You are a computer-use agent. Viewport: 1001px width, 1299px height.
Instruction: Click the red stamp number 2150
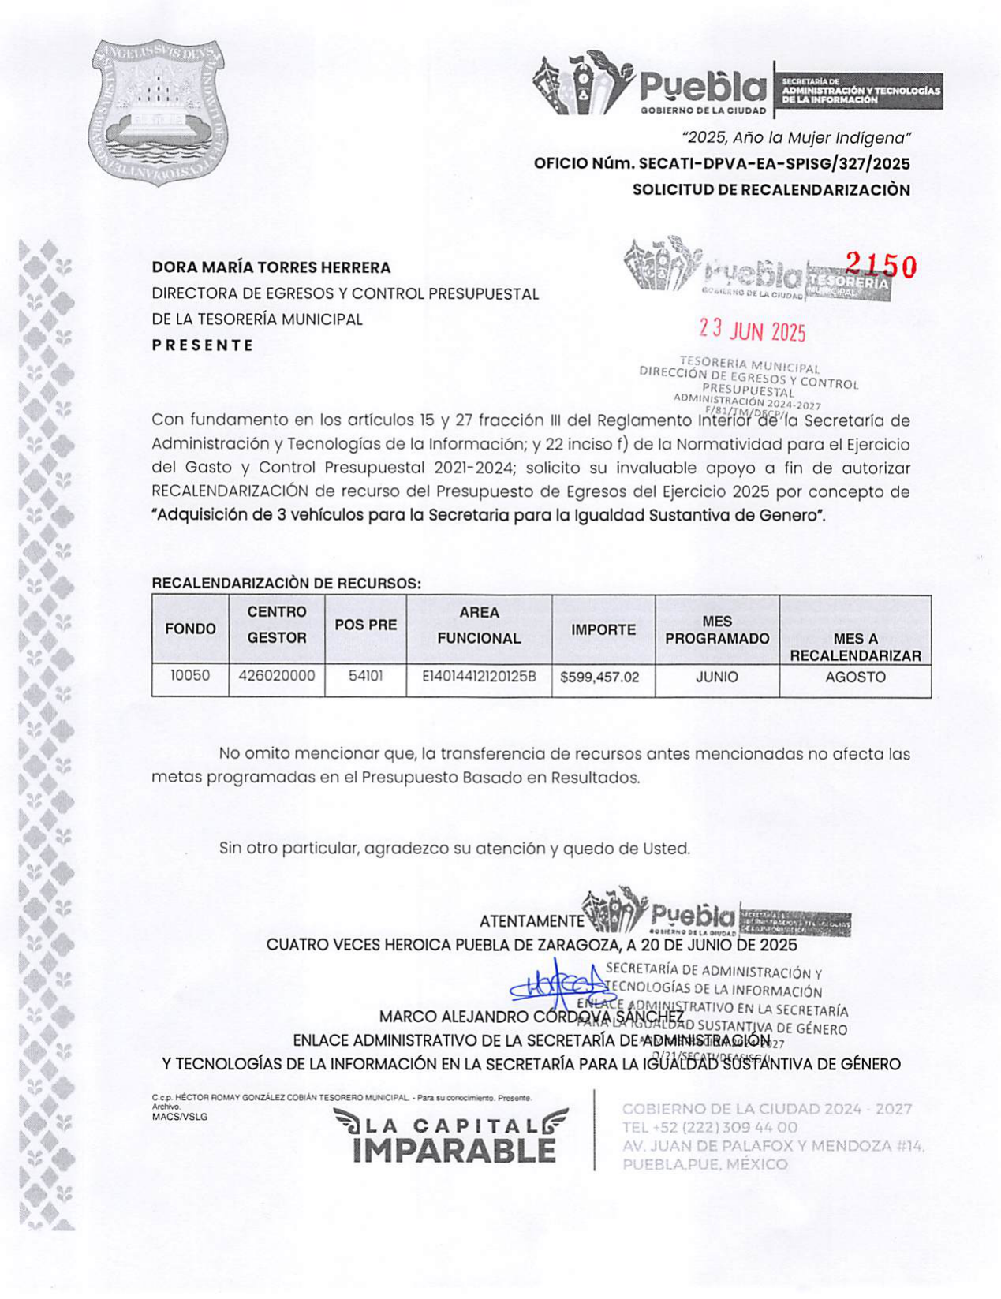coord(881,267)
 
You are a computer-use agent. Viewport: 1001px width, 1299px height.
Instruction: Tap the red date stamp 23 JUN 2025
coord(753,330)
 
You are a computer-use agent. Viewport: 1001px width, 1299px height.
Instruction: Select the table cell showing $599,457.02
coord(599,677)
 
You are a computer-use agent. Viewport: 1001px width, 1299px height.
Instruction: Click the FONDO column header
coord(190,629)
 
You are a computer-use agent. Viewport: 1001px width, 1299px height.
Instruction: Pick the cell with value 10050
coord(190,676)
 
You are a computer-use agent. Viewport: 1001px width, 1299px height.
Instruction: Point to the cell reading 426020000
coord(276,676)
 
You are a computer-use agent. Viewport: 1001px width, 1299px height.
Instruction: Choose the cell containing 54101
coord(365,676)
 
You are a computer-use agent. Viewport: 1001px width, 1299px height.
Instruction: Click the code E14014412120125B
coord(479,677)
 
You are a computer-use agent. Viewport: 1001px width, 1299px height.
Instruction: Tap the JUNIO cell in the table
coord(716,677)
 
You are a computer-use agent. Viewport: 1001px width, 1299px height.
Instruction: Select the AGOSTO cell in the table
coord(855,677)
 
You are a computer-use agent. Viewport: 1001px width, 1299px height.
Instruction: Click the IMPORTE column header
coord(603,629)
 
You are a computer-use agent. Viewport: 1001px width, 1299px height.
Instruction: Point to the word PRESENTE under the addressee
coord(203,345)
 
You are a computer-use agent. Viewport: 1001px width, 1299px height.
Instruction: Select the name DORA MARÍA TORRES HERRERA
coord(271,267)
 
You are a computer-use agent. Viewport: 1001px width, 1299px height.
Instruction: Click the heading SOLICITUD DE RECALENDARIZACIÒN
coord(771,190)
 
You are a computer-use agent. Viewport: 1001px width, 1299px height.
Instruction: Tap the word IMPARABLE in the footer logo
coord(454,1151)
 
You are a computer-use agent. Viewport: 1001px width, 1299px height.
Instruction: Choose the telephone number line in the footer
coord(709,1127)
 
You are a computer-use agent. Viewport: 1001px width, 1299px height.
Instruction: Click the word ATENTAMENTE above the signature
coord(531,921)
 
